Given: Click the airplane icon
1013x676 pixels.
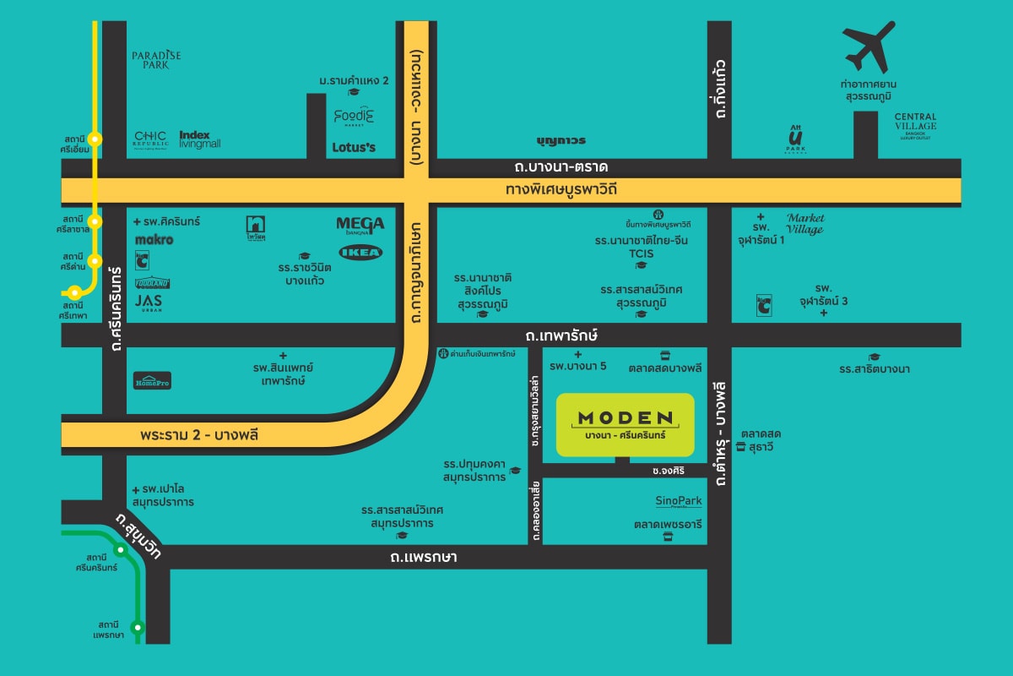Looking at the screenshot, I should point(869,47).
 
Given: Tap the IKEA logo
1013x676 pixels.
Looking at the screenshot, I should point(360,252).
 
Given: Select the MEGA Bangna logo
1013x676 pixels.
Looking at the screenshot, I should point(360,224).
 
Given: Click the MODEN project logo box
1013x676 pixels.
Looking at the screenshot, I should point(626,425).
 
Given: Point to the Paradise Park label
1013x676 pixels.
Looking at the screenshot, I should point(156,59).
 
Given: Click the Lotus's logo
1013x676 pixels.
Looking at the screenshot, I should point(354,147).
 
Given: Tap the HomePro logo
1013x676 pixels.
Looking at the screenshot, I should point(152,381).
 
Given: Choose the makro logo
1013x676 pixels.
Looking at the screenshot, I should point(154,240).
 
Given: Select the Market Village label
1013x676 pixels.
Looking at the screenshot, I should point(804,223).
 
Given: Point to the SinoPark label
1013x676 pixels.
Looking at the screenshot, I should point(679,501).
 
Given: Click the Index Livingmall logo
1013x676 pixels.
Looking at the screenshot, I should point(200,139).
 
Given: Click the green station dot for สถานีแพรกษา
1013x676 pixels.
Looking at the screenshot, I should point(138,627).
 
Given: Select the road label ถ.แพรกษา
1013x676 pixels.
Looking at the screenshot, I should point(424,558).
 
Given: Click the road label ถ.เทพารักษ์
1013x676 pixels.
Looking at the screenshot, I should point(561,335).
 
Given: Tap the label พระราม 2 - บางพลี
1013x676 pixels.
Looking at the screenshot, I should point(199,435).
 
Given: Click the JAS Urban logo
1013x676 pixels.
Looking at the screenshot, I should point(149,302).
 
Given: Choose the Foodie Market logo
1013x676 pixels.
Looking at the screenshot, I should point(354,117).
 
